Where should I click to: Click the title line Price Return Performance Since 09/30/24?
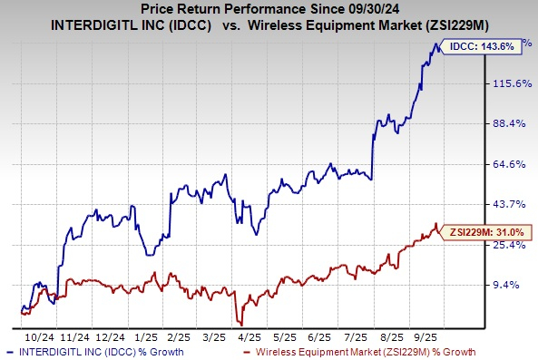269,10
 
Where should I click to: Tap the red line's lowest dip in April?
239,322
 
